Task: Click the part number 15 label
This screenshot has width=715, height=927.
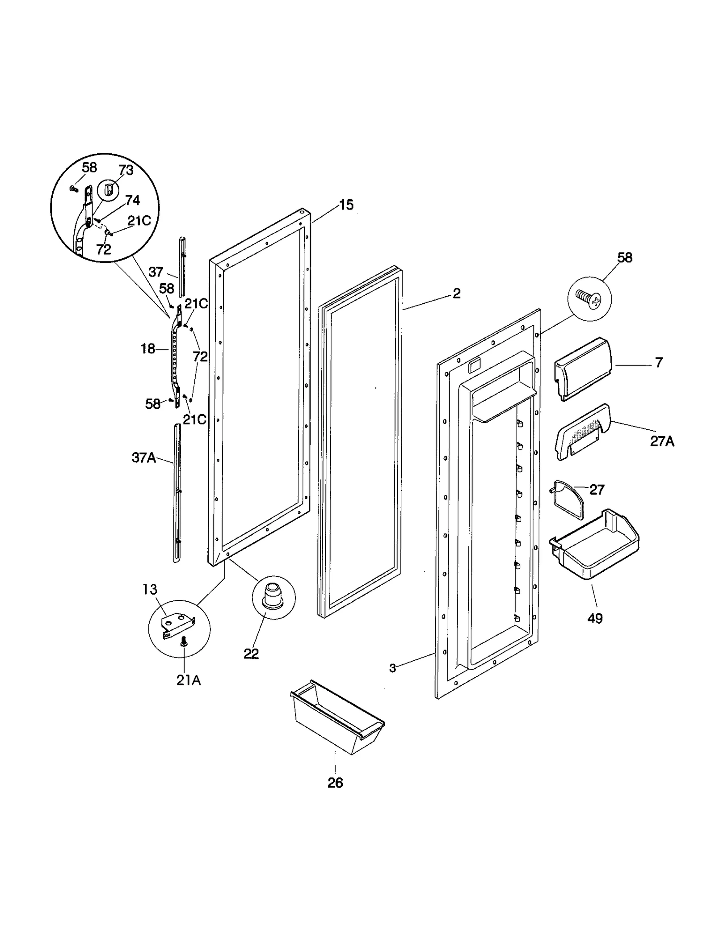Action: pyautogui.click(x=346, y=205)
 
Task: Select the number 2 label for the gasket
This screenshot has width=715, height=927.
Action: pyautogui.click(x=456, y=294)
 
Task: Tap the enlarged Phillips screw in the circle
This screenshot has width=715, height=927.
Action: pyautogui.click(x=589, y=299)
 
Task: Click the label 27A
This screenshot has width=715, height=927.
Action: pyautogui.click(x=662, y=441)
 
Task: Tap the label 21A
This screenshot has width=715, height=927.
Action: pyautogui.click(x=188, y=680)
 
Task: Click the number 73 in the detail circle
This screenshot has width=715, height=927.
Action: pyautogui.click(x=126, y=170)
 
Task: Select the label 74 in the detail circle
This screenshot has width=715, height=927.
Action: pyautogui.click(x=132, y=200)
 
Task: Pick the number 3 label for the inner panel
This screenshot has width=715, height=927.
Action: pyautogui.click(x=392, y=681)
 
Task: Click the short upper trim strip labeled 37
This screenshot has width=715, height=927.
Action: pyautogui.click(x=182, y=265)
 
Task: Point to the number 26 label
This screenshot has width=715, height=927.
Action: pyautogui.click(x=335, y=782)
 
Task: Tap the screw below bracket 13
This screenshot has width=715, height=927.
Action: pyautogui.click(x=183, y=643)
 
